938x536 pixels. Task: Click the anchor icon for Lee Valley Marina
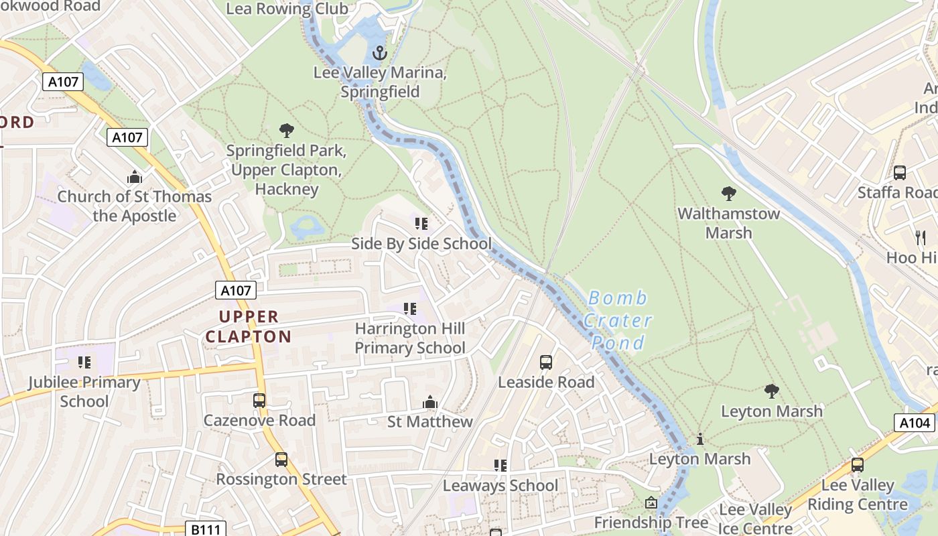point(380,52)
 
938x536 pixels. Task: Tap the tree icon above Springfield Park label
point(287,130)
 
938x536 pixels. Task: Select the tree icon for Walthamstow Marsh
point(729,194)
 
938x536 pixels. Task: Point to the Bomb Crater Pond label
point(617,320)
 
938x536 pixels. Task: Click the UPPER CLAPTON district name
point(249,326)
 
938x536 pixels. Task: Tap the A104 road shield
point(915,423)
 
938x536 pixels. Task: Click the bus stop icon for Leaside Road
point(546,362)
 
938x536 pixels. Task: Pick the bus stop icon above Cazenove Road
point(259,401)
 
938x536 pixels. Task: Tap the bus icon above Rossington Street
point(281,460)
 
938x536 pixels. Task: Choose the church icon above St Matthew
point(430,402)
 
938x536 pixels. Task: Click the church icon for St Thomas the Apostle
point(135,177)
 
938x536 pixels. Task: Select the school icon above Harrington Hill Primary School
point(410,309)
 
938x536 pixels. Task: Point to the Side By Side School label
point(421,244)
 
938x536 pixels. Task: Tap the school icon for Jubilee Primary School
point(84,362)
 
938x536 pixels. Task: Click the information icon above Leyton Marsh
point(700,439)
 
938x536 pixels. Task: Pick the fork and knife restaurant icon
point(921,237)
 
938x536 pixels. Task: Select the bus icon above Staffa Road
point(900,173)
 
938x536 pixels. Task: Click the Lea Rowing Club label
point(287,9)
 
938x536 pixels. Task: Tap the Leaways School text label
point(500,486)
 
